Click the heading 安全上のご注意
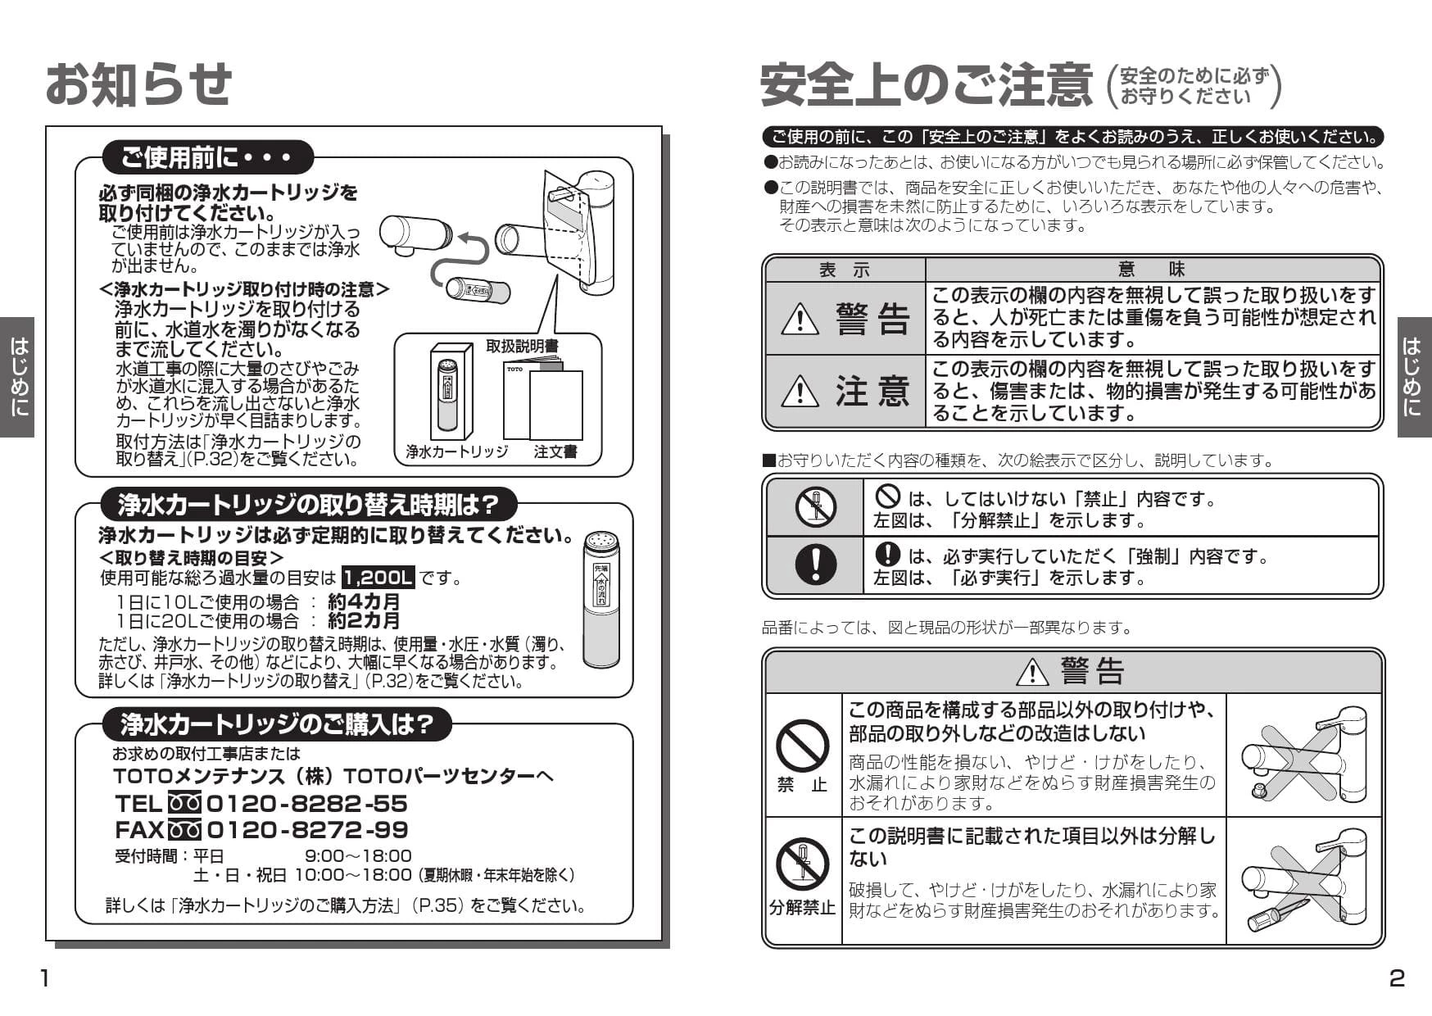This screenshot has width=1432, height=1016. coord(926,85)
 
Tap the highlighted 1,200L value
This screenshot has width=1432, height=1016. coord(378,578)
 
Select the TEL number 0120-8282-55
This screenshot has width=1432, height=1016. coord(306,803)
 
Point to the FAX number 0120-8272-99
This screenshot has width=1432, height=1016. coord(306,830)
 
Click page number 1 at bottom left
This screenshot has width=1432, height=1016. coord(46,978)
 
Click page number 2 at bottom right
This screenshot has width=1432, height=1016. coord(1397,978)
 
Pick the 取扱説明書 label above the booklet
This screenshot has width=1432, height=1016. coord(522,347)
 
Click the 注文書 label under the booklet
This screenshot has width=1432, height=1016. coord(555,451)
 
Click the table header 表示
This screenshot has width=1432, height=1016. coord(845,270)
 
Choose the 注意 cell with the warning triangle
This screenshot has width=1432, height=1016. coord(845,392)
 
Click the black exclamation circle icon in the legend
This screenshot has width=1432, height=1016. coord(815,565)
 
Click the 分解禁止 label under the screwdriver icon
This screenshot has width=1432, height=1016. coord(801,908)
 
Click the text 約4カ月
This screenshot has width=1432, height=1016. coord(364,602)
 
